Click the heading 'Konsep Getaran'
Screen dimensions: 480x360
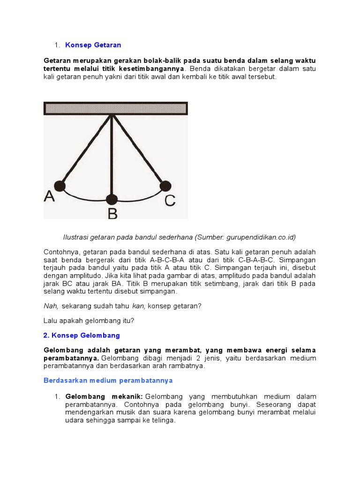tap(93, 45)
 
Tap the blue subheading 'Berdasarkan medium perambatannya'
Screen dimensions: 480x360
tap(108, 380)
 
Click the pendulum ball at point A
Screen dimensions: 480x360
tap(60, 186)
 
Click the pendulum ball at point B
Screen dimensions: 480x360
tap(112, 198)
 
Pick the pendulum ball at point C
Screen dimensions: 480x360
tap(165, 186)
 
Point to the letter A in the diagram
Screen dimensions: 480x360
tap(49, 196)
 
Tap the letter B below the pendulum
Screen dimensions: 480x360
tap(112, 213)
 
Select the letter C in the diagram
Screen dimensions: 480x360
tap(169, 201)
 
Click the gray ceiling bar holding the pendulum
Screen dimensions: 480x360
tap(115, 108)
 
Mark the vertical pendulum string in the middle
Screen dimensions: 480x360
tap(112, 155)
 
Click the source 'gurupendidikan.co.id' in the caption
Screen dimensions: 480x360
tap(261, 237)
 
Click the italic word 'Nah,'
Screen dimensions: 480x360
tap(51, 306)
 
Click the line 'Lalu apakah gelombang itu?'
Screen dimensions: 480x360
tap(89, 321)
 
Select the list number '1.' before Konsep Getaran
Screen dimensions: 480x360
tap(57, 45)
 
